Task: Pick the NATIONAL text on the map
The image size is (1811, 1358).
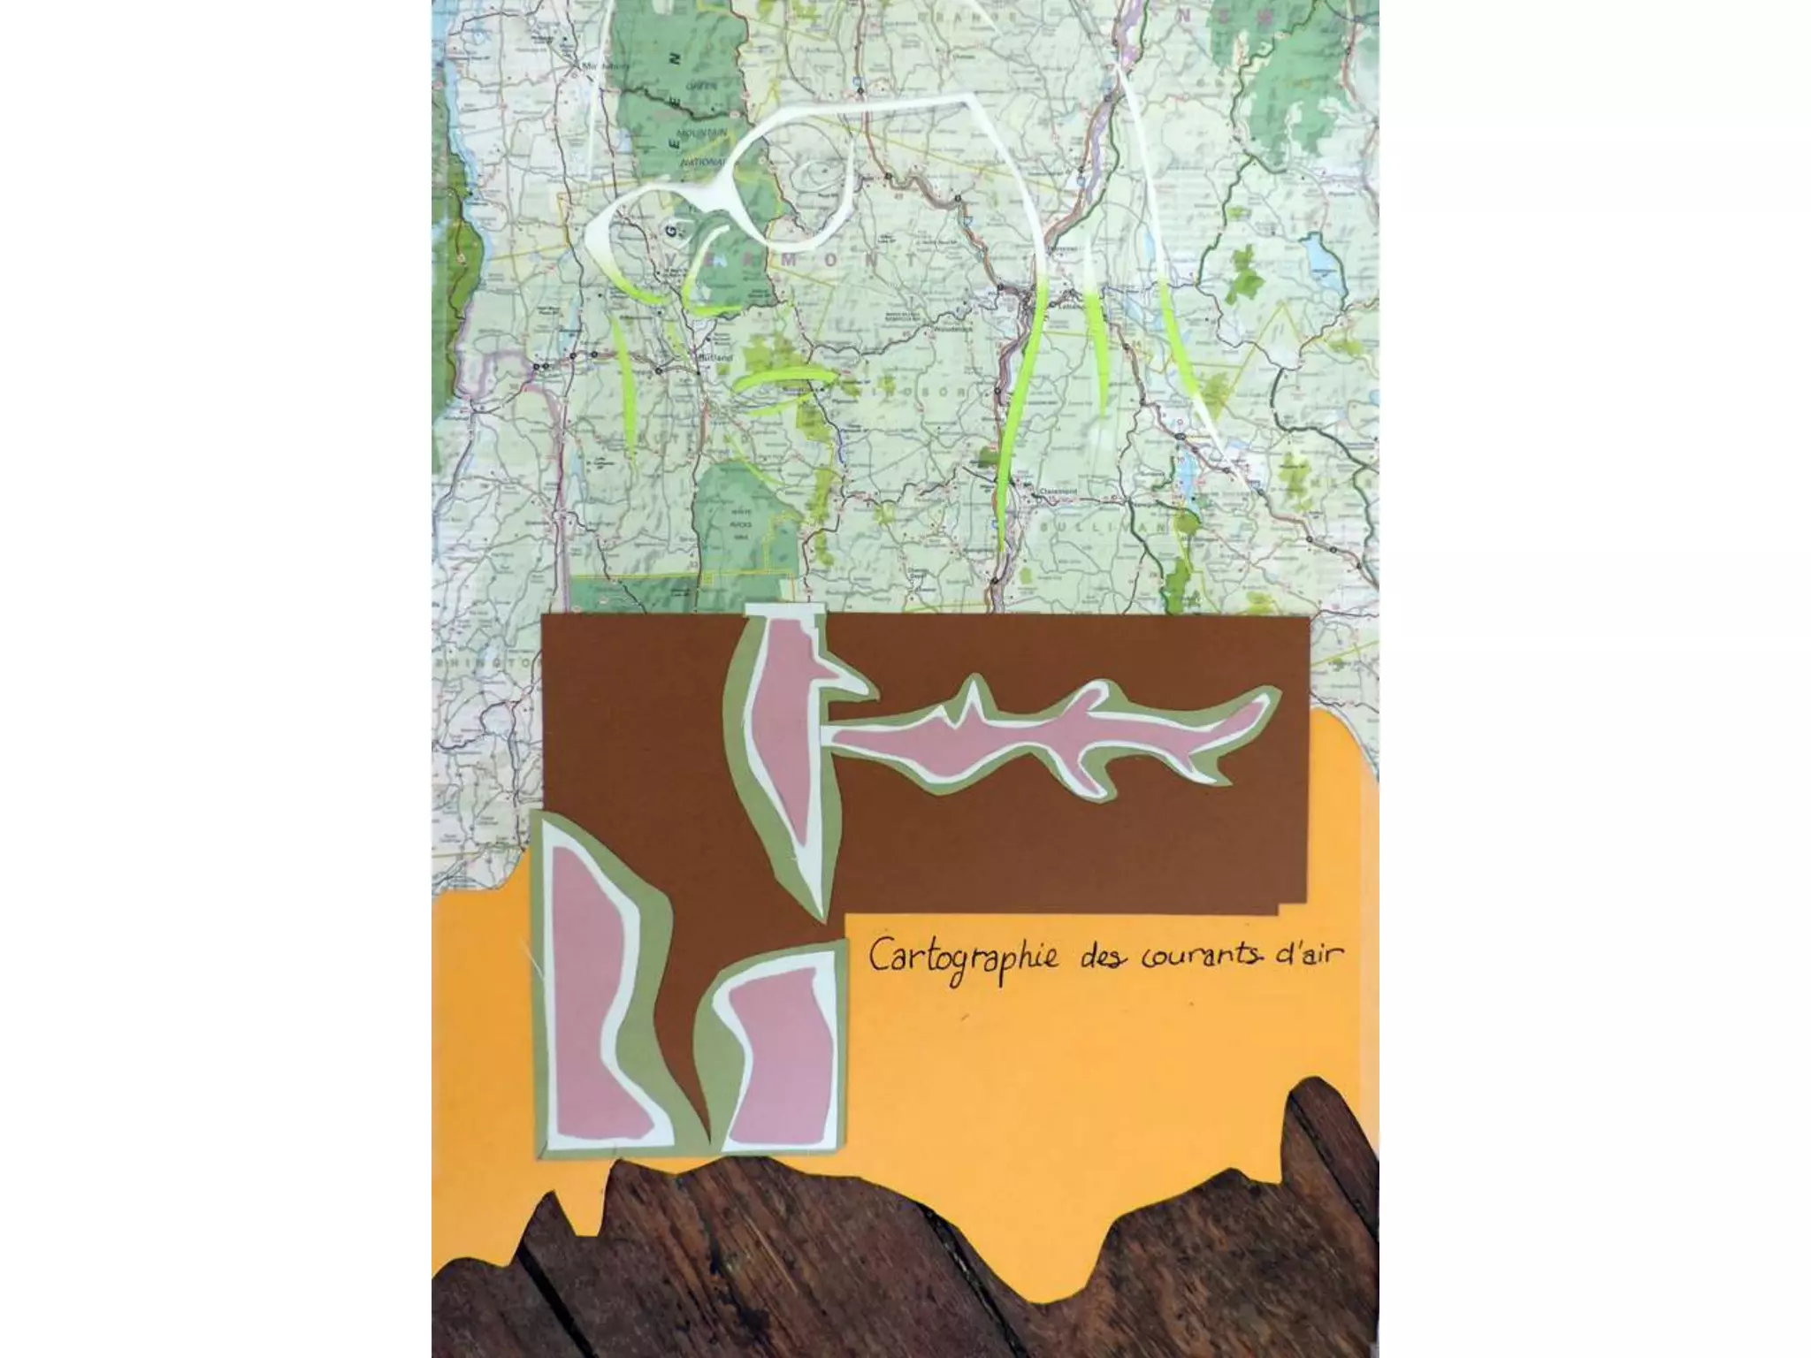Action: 700,163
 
